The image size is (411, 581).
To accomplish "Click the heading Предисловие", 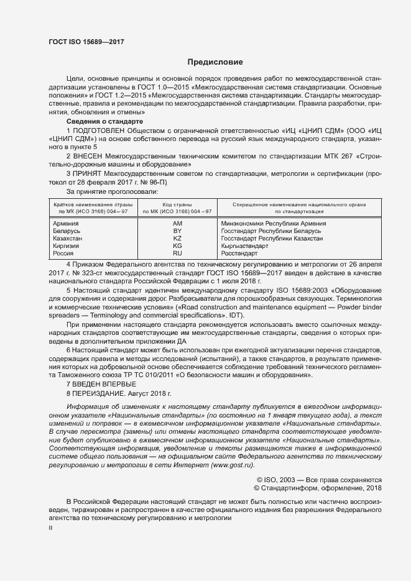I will click(x=215, y=62).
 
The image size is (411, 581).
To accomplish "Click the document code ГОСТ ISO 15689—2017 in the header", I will click(x=86, y=41).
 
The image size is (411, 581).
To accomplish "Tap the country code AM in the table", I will click(x=177, y=224).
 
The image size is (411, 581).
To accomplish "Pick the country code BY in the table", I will click(x=177, y=231).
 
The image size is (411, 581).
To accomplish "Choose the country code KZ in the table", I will click(x=177, y=239).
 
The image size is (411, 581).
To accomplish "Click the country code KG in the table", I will click(x=177, y=246).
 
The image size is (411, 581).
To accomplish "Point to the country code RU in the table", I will click(x=177, y=254).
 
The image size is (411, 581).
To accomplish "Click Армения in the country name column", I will click(x=66, y=224).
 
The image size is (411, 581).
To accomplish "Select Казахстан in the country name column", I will click(x=68, y=239).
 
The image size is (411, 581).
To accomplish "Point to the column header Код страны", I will click(x=177, y=204).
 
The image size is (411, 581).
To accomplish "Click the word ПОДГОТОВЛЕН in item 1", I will click(x=99, y=131).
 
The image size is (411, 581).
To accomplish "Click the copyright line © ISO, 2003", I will click(x=320, y=480).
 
